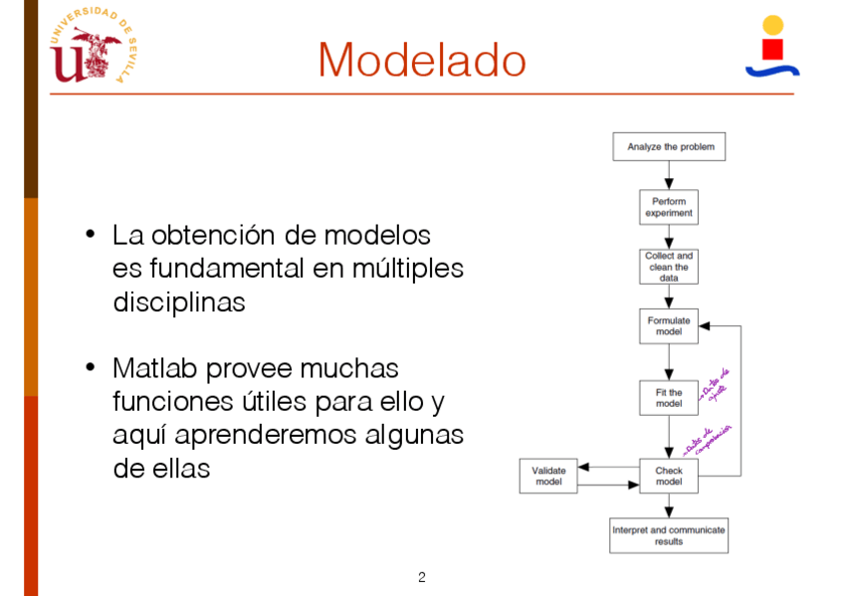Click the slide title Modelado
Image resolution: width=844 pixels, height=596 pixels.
coord(421,60)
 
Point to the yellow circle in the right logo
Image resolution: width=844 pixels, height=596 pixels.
coord(772,25)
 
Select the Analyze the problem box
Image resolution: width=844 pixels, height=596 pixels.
coord(668,147)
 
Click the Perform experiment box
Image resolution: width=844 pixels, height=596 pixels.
coord(669,207)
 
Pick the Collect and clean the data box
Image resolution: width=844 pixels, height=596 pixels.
coord(669,267)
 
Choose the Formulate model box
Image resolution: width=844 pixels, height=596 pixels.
coord(669,325)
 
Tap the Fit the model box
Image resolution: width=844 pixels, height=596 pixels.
coord(669,398)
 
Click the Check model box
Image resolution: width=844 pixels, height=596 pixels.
coord(669,477)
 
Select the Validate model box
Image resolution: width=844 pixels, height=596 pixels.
coord(548,477)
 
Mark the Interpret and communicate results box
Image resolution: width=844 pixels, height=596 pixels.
coord(669,535)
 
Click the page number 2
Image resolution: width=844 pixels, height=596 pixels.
coord(422,577)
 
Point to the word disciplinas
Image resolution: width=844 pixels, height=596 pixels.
coord(179,302)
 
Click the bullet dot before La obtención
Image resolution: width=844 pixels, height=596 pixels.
coord(91,236)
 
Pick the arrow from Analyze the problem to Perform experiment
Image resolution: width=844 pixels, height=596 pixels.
coord(669,175)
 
